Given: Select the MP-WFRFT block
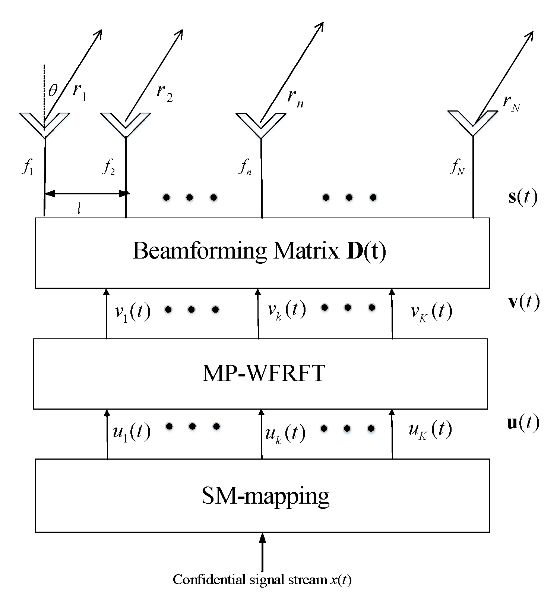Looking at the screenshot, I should [x=261, y=373].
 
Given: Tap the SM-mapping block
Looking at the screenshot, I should [x=262, y=495].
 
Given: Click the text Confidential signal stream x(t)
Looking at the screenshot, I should [x=262, y=579].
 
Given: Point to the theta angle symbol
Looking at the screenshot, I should [x=53, y=91].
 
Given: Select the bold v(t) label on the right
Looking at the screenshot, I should [x=523, y=302].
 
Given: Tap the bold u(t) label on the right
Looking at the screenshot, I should [x=523, y=423].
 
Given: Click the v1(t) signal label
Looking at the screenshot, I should [x=132, y=312].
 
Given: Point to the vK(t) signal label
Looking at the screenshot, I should [x=431, y=312].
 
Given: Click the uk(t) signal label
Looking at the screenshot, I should [x=285, y=434].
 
